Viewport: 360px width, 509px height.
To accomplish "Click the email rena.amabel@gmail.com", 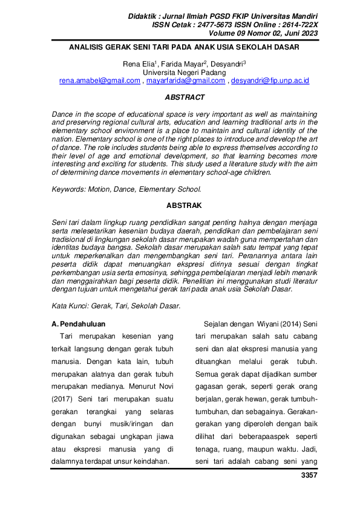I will coord(100,80).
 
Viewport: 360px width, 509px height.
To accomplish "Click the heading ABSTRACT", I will coord(185,97).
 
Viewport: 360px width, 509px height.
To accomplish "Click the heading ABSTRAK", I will coord(185,206).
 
